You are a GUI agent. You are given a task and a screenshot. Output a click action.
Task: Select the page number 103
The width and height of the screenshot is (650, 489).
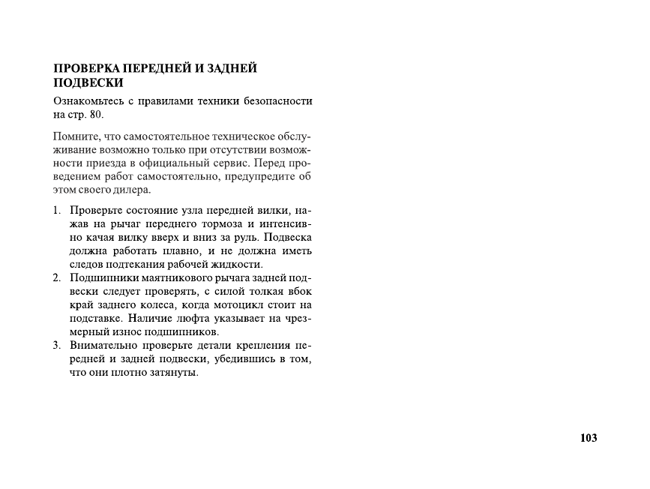(x=589, y=438)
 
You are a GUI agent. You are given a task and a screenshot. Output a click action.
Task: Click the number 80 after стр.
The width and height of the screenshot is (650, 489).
(x=97, y=115)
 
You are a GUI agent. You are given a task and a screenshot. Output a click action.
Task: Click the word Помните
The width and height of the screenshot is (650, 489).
(x=76, y=136)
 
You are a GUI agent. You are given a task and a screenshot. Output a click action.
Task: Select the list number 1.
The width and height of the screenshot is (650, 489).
(x=56, y=211)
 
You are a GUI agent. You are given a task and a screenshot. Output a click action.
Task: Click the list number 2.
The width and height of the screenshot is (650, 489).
(x=56, y=278)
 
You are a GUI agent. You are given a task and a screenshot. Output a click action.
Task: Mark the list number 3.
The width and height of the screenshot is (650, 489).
(x=56, y=346)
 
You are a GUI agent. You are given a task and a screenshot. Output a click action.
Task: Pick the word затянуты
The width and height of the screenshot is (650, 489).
(x=175, y=373)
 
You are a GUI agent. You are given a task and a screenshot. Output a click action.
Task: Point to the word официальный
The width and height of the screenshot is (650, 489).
(x=179, y=163)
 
